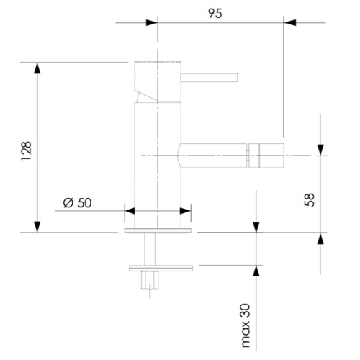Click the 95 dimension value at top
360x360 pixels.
(x=215, y=13)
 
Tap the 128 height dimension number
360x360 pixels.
(x=26, y=151)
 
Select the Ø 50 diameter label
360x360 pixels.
(x=77, y=203)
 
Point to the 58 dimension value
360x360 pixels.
(x=309, y=199)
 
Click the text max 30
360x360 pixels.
(x=246, y=325)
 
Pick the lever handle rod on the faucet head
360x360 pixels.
(x=210, y=78)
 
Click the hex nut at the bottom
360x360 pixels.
(x=150, y=280)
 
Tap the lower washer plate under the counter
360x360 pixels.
(x=161, y=268)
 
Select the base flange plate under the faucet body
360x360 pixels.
(x=158, y=230)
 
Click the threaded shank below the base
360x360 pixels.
(x=150, y=249)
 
